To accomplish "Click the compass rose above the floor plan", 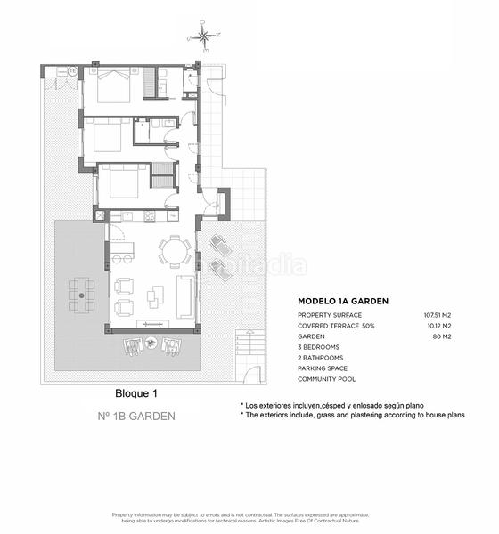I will [204, 37].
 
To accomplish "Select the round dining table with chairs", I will [175, 251].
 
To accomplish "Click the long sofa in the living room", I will [186, 296].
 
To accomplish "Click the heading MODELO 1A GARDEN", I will [343, 301].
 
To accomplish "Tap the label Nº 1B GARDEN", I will [136, 416].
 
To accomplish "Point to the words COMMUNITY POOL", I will [327, 379].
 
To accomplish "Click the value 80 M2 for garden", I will [443, 336].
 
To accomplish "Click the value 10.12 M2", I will [438, 326].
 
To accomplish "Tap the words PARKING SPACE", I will [323, 368].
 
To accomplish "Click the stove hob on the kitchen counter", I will [149, 215].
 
